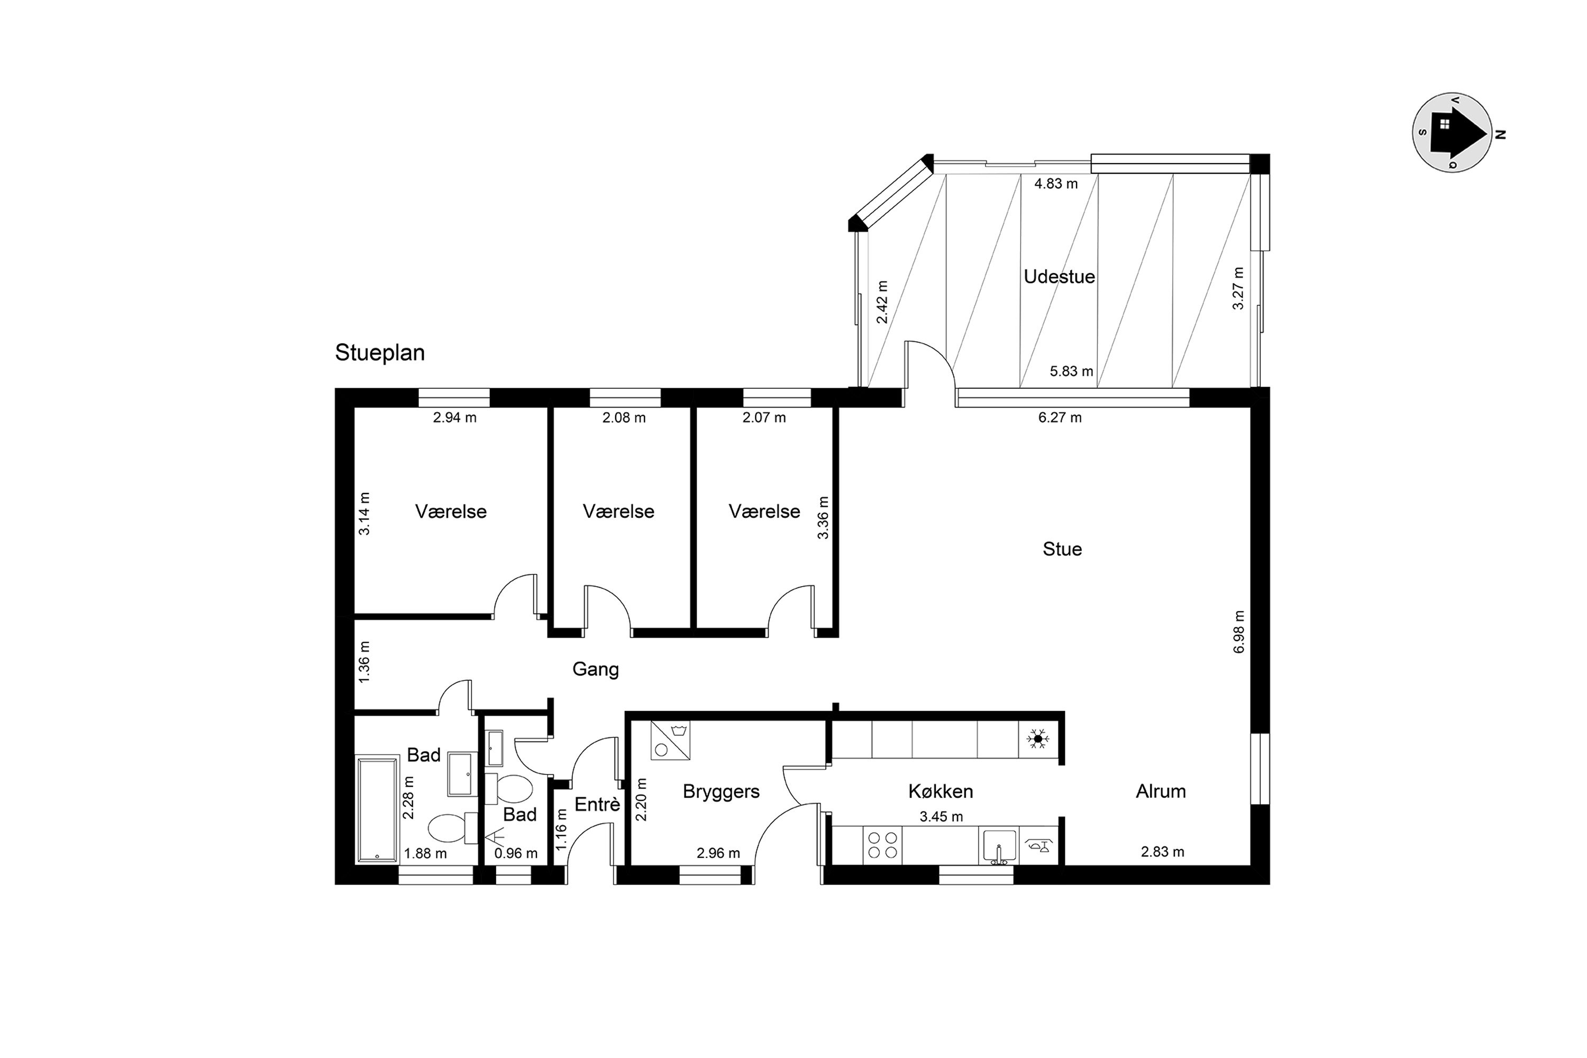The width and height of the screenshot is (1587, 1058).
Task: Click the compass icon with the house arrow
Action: [x=1452, y=132]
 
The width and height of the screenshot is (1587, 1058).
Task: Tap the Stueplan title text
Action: [x=380, y=353]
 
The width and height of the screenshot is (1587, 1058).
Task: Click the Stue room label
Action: [x=1062, y=549]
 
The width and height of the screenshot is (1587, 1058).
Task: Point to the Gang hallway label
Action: [x=595, y=669]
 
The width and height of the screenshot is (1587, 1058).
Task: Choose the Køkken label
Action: [x=941, y=791]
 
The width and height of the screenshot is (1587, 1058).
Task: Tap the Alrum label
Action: [x=1161, y=791]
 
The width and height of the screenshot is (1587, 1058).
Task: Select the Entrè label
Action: [x=597, y=804]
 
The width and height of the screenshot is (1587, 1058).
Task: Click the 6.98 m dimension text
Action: [x=1239, y=632]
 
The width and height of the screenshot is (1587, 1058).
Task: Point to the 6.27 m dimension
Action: [x=1060, y=418]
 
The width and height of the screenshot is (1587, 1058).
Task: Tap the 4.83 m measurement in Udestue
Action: [x=1056, y=184]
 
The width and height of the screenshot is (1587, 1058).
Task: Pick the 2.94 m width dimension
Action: [x=455, y=418]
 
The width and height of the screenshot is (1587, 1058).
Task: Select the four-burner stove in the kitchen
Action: [x=882, y=845]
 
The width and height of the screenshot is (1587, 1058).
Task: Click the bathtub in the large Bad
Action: [x=377, y=810]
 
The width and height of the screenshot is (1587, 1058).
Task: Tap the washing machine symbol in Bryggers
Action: [x=670, y=740]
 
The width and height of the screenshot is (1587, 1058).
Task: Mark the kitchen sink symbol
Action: [x=999, y=846]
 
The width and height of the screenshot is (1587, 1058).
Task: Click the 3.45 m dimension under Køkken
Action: [x=941, y=817]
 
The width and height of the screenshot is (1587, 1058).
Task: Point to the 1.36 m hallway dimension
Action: [x=364, y=661]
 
